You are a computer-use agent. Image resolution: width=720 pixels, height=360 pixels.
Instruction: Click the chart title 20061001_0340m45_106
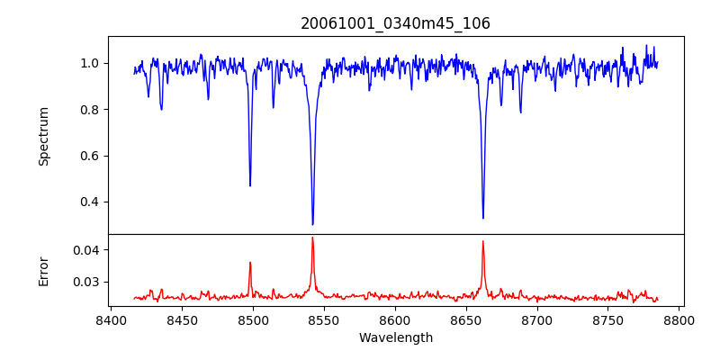395,23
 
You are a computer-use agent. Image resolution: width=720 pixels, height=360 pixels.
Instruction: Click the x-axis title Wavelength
395,338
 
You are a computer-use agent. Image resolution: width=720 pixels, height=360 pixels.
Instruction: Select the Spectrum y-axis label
44,136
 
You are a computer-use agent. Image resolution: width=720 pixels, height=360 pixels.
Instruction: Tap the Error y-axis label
44,269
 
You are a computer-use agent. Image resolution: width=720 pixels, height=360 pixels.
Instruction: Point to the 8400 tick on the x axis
110,319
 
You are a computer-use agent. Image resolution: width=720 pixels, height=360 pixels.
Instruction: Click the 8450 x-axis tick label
181,319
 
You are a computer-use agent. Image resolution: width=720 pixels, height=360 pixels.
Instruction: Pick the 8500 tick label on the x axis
252,319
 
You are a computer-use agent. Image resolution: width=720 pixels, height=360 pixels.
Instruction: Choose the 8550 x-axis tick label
323,319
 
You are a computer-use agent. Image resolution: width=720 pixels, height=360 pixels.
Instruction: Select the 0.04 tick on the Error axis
86,249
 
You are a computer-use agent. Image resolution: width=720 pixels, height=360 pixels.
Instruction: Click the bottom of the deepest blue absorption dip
312,224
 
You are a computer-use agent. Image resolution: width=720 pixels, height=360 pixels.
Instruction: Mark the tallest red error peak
312,238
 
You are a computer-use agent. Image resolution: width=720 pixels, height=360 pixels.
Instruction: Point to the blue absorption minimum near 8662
482,218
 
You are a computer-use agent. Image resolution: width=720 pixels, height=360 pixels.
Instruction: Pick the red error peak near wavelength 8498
250,262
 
